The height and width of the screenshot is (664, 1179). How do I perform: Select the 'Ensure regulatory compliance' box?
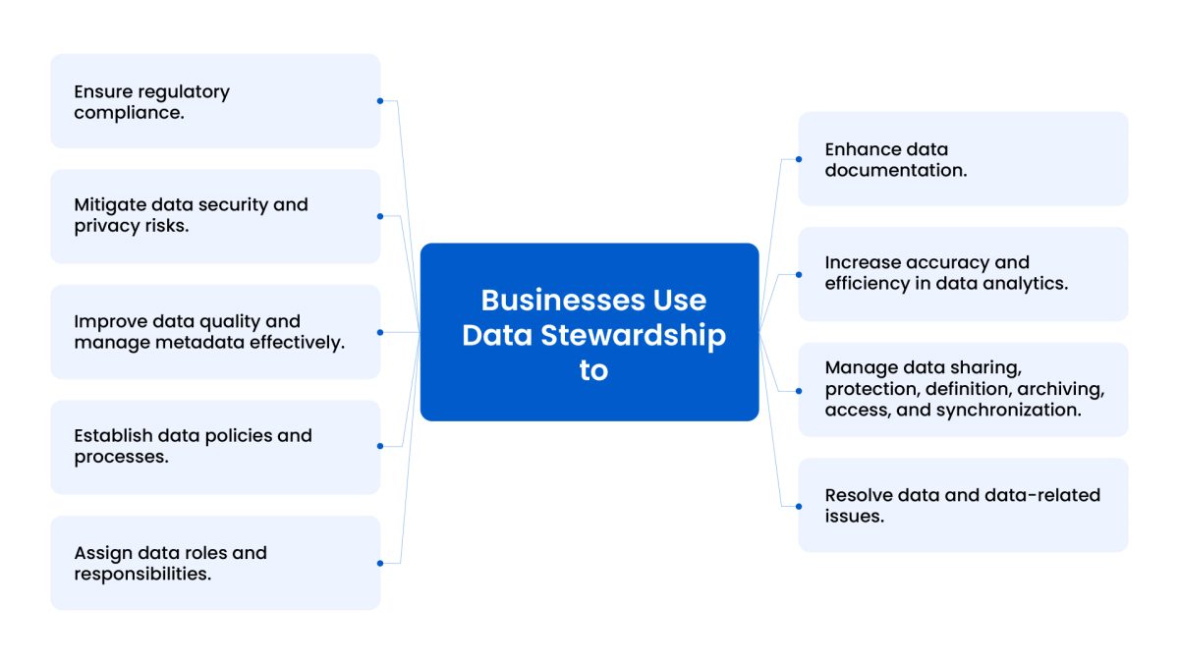[x=215, y=101]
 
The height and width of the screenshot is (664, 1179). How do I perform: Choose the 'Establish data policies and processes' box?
[x=215, y=446]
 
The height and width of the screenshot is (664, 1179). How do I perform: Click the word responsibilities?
[x=142, y=574]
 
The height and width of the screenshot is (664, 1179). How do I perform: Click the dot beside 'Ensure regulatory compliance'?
[x=380, y=100]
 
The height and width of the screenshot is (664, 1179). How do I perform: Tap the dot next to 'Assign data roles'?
[x=380, y=563]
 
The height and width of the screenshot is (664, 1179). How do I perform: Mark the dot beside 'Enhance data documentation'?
[x=798, y=158]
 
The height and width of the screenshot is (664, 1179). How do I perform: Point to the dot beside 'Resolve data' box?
[x=798, y=505]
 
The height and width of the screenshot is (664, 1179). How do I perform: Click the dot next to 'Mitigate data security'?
[x=380, y=215]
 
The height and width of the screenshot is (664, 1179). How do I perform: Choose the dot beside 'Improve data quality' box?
[x=380, y=332]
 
